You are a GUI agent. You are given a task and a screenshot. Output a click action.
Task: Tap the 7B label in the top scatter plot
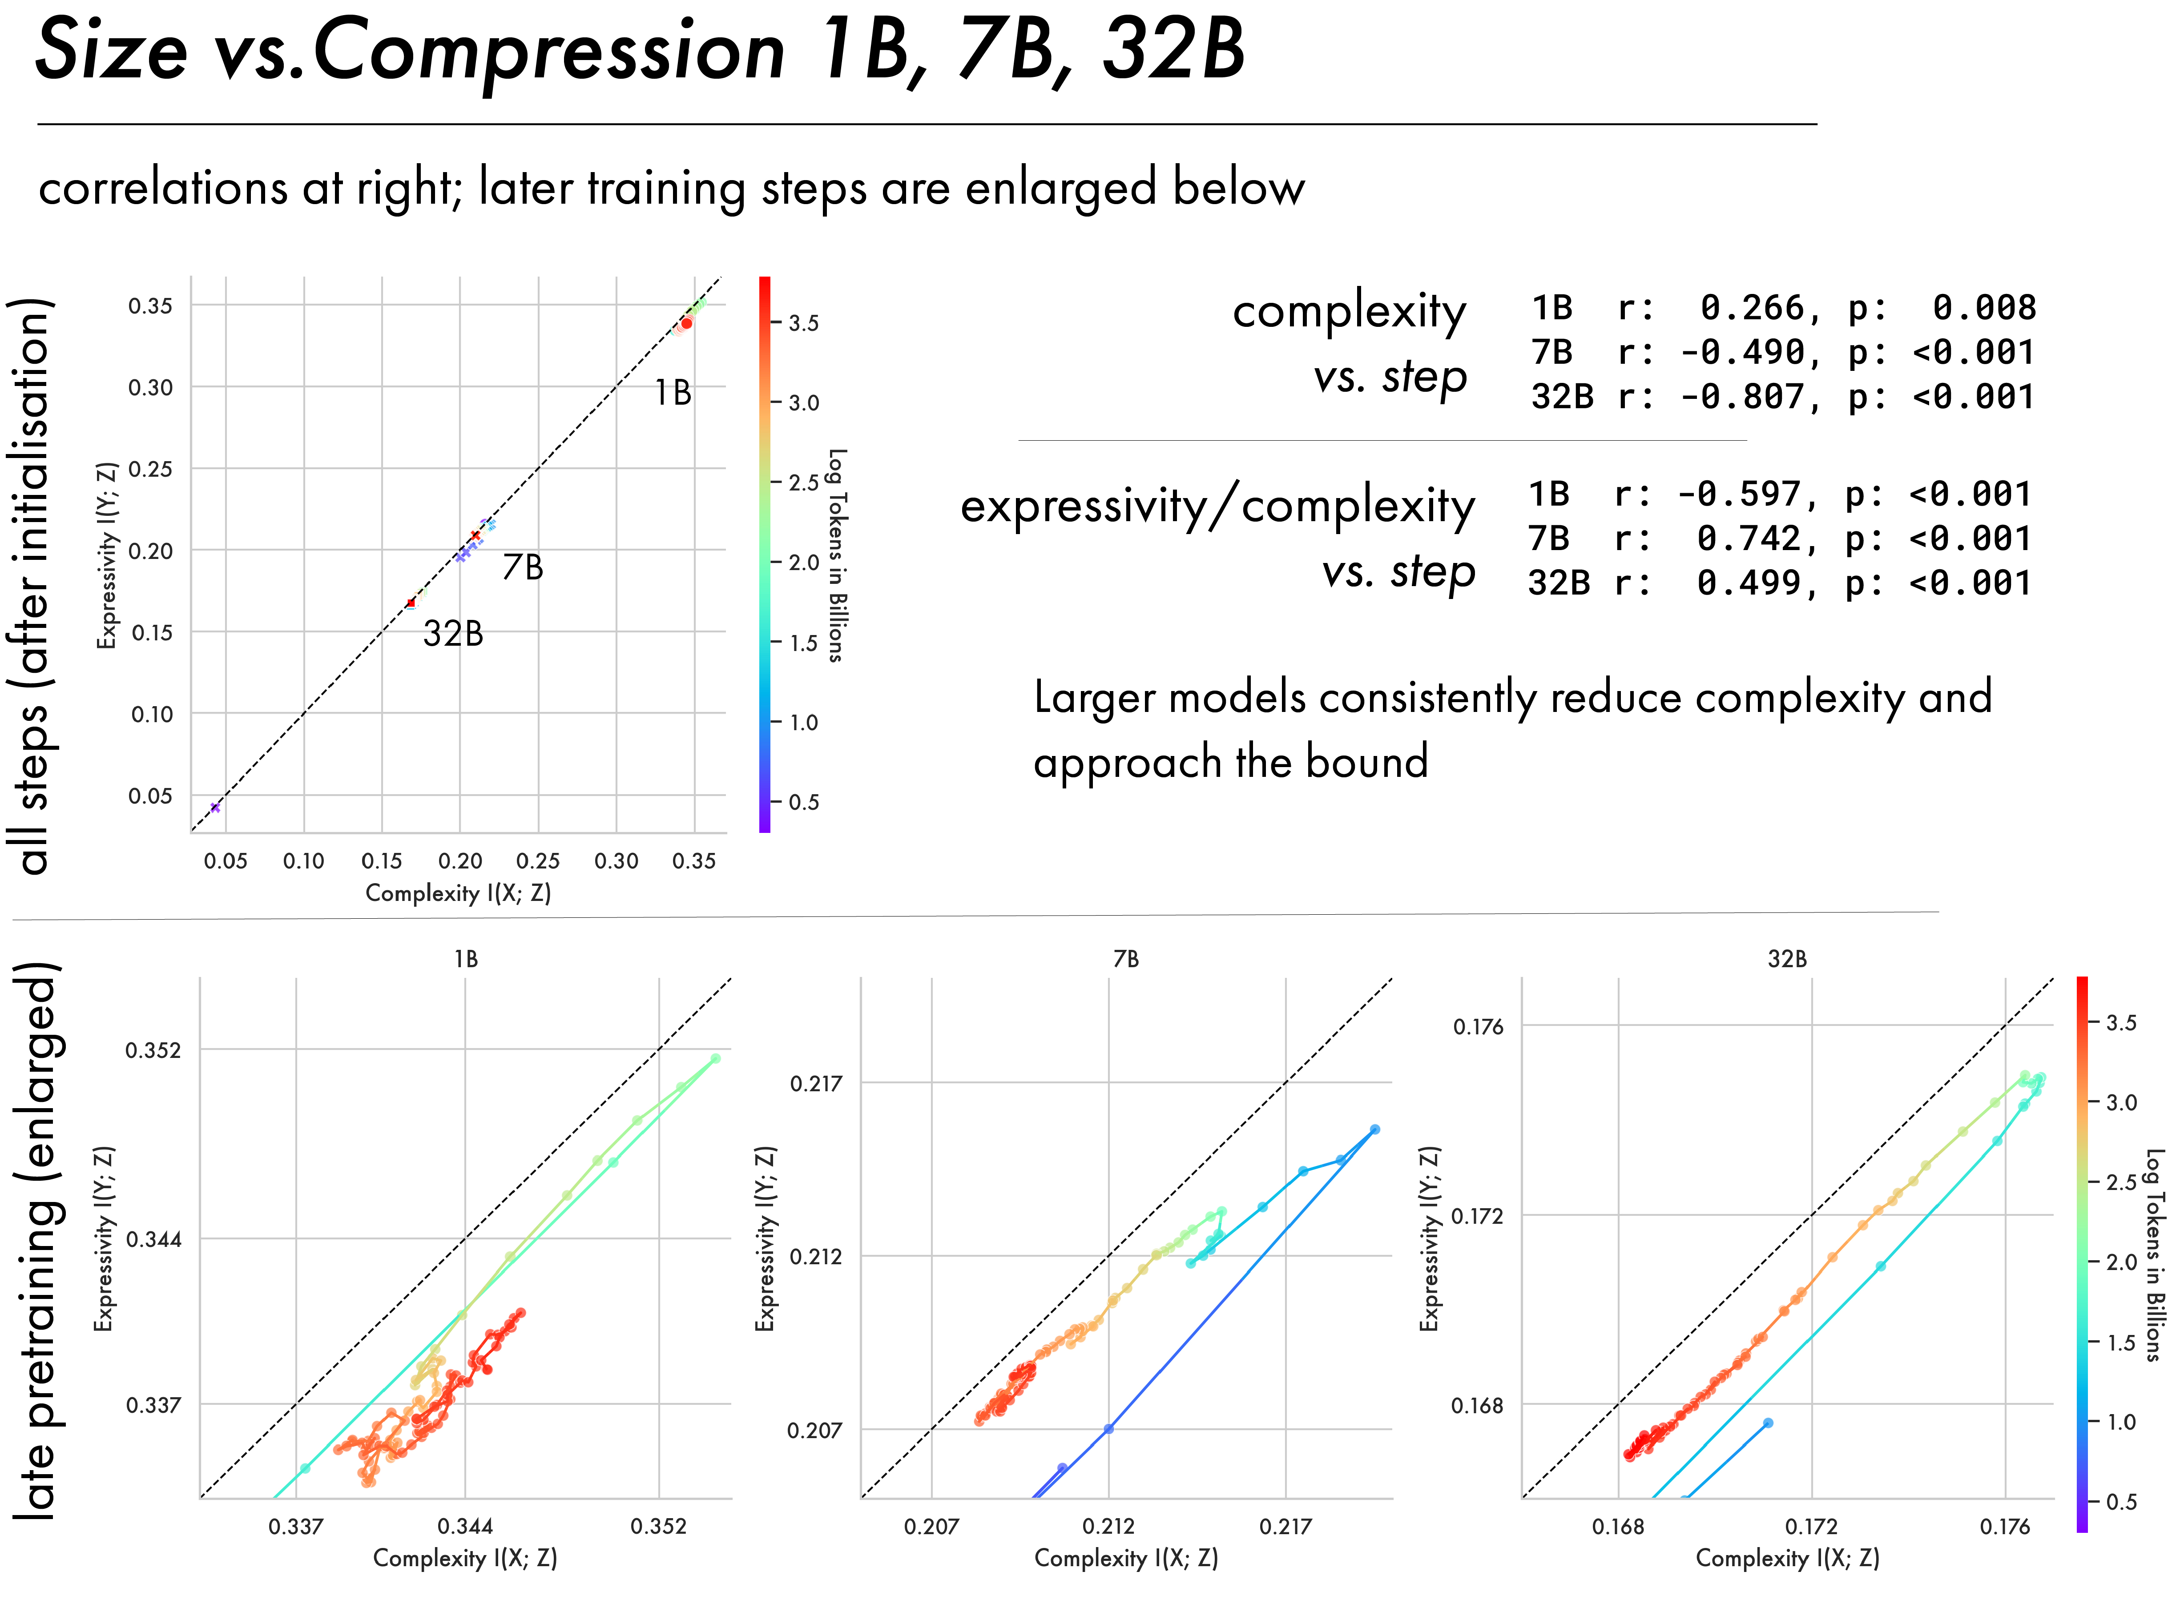click(x=523, y=567)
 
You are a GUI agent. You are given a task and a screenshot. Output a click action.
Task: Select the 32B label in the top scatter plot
click(x=453, y=634)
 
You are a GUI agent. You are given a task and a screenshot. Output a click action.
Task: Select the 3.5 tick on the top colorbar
click(x=803, y=323)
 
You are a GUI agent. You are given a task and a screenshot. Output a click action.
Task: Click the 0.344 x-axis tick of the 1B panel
click(x=465, y=1526)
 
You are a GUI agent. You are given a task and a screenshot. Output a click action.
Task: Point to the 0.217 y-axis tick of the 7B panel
click(x=816, y=1084)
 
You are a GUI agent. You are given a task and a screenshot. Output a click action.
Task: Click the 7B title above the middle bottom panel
click(x=1126, y=959)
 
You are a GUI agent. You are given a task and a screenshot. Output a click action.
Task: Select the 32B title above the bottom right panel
click(x=1787, y=959)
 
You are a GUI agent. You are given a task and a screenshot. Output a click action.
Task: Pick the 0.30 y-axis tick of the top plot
click(x=151, y=387)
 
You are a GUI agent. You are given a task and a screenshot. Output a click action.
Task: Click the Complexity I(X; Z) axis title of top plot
click(x=458, y=892)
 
